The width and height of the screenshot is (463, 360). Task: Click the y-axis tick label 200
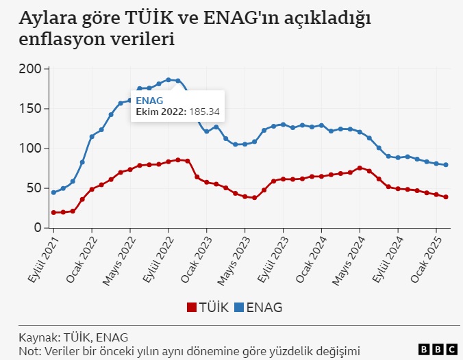coord(31,69)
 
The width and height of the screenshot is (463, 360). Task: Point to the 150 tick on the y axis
coord(31,109)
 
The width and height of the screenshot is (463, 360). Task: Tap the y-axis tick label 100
coord(31,149)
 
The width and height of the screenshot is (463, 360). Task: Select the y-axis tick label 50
coord(34,188)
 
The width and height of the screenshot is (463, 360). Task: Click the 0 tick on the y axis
coord(38,228)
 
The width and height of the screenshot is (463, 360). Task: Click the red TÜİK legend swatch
coord(191,307)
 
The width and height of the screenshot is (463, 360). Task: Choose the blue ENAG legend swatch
coord(240,307)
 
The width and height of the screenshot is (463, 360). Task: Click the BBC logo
coord(433,349)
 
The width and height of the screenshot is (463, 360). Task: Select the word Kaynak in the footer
coord(38,337)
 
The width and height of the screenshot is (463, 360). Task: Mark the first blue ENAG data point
coord(53,192)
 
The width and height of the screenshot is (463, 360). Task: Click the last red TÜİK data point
coord(446,197)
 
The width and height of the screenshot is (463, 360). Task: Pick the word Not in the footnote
coord(28,351)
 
